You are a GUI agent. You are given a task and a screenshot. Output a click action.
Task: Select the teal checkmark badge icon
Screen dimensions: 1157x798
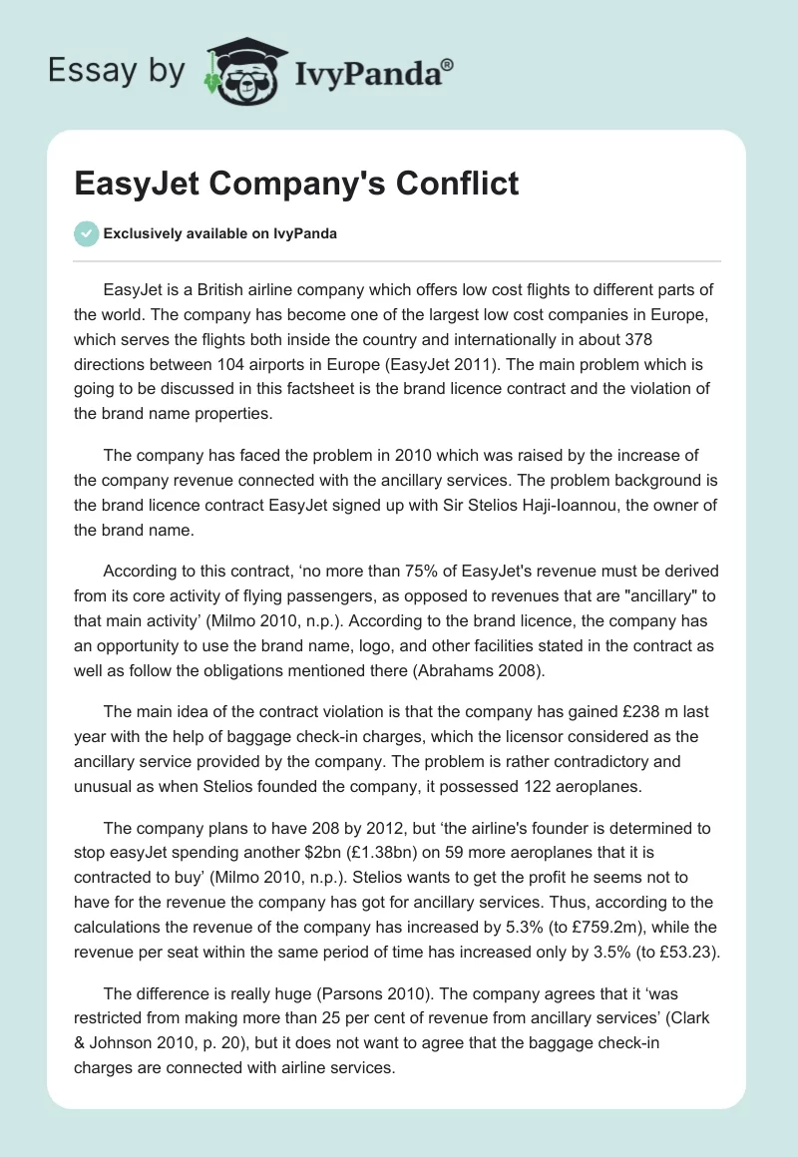(86, 233)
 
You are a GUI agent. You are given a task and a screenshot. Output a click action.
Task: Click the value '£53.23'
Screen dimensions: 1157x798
(687, 953)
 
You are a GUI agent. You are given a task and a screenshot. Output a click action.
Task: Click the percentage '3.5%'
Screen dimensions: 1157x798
(575, 953)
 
